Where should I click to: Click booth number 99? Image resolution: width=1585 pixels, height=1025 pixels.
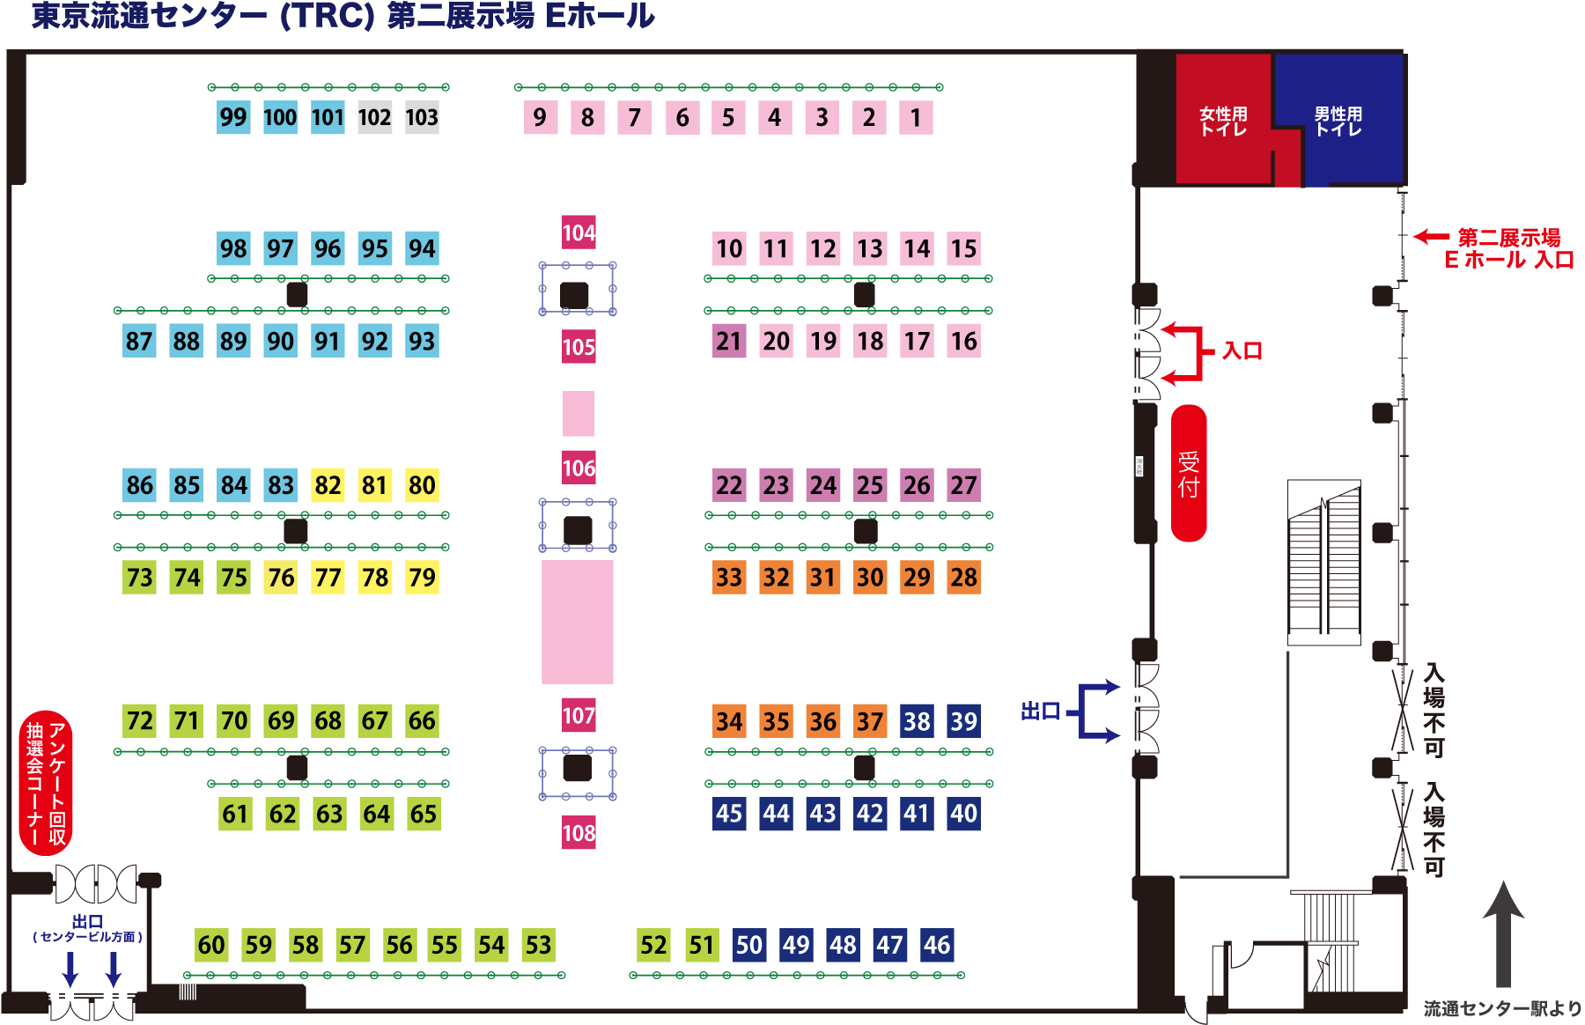pyautogui.click(x=233, y=117)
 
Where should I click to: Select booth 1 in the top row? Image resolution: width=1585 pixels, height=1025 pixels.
pyautogui.click(x=916, y=117)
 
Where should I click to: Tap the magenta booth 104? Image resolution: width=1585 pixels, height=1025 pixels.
pyautogui.click(x=579, y=232)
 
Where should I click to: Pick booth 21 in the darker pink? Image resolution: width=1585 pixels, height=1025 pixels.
pyautogui.click(x=729, y=341)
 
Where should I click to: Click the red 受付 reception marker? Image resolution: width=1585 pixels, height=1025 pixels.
pyautogui.click(x=1189, y=473)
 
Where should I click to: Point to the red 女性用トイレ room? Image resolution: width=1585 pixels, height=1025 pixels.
pyautogui.click(x=1224, y=119)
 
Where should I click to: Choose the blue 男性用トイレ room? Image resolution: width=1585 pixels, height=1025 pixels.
pyautogui.click(x=1338, y=119)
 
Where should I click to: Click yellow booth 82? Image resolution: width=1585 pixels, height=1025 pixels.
pyautogui.click(x=328, y=485)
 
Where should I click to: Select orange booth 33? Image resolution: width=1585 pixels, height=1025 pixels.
pyautogui.click(x=729, y=578)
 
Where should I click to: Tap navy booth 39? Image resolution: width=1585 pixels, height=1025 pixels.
pyautogui.click(x=963, y=721)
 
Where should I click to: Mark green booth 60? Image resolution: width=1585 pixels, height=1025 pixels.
pyautogui.click(x=211, y=945)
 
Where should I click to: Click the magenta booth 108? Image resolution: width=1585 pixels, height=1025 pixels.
pyautogui.click(x=579, y=832)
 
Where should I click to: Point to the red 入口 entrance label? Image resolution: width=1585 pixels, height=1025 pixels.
pyautogui.click(x=1242, y=351)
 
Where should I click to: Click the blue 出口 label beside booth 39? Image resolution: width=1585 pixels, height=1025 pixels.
pyautogui.click(x=1040, y=711)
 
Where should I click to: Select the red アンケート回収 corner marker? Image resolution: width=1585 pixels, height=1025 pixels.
pyautogui.click(x=46, y=783)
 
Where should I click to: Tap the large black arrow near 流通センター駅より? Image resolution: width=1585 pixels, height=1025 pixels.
pyautogui.click(x=1504, y=933)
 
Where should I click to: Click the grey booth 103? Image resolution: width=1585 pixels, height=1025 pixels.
pyautogui.click(x=422, y=117)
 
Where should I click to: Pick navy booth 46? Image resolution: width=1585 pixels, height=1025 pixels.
pyautogui.click(x=937, y=945)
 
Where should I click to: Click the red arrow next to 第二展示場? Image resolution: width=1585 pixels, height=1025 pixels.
pyautogui.click(x=1432, y=236)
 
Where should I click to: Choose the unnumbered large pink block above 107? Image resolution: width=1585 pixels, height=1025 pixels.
pyautogui.click(x=578, y=622)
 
